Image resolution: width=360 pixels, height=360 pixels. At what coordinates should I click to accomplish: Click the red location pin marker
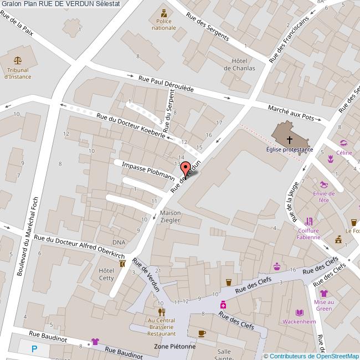pyautogui.click(x=186, y=167)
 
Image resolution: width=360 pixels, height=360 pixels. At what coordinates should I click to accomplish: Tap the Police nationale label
pyautogui.click(x=163, y=24)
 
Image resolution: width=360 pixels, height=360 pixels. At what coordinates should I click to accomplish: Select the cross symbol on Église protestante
pyautogui.click(x=290, y=140)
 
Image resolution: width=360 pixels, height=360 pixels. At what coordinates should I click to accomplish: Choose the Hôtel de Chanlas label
pyautogui.click(x=239, y=64)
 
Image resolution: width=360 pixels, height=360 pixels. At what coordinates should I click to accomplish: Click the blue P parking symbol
pyautogui.click(x=34, y=349)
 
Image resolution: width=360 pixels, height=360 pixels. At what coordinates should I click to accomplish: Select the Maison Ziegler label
pyautogui.click(x=170, y=217)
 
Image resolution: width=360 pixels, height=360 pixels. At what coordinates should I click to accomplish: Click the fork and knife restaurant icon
pyautogui.click(x=161, y=312)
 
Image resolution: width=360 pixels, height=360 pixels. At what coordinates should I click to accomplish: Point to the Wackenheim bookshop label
pyautogui.click(x=299, y=322)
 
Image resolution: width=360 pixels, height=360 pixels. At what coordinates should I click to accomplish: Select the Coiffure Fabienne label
pyautogui.click(x=308, y=234)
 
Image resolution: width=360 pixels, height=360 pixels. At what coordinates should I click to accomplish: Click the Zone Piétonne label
pyautogui.click(x=174, y=347)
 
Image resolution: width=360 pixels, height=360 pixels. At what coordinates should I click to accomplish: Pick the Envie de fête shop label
pyautogui.click(x=324, y=197)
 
